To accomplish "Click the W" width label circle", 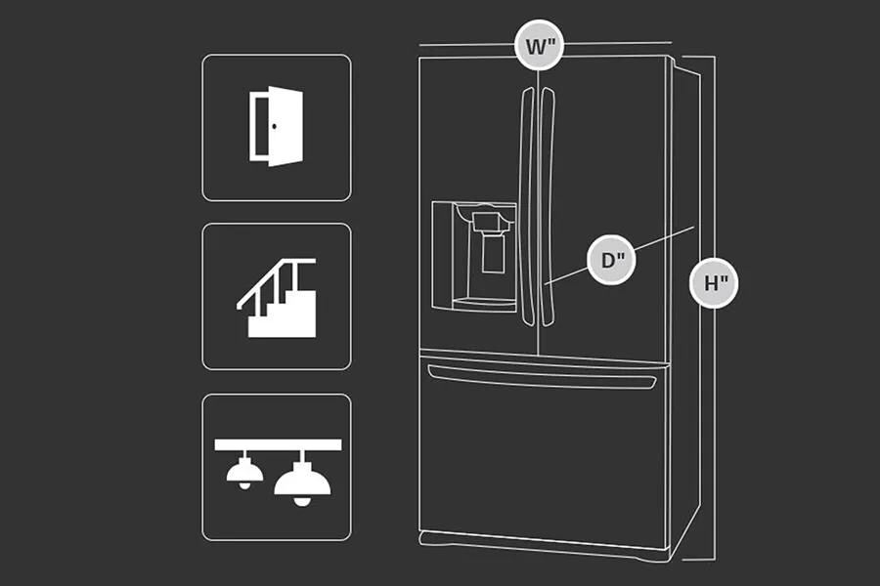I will tap(540, 45).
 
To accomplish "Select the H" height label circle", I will tap(715, 283).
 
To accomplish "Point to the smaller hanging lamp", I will tap(240, 472).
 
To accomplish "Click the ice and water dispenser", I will tap(474, 257).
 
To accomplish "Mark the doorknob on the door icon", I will tap(275, 125).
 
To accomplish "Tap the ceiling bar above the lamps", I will tap(278, 443).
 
